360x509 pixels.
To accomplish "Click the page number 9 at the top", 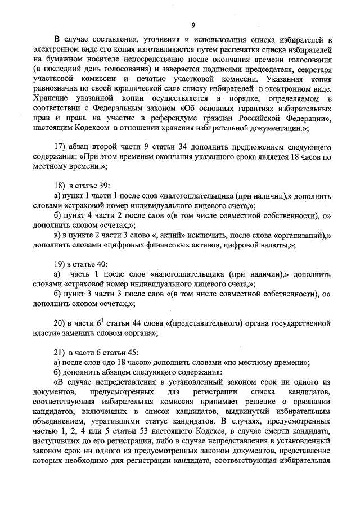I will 193,25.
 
